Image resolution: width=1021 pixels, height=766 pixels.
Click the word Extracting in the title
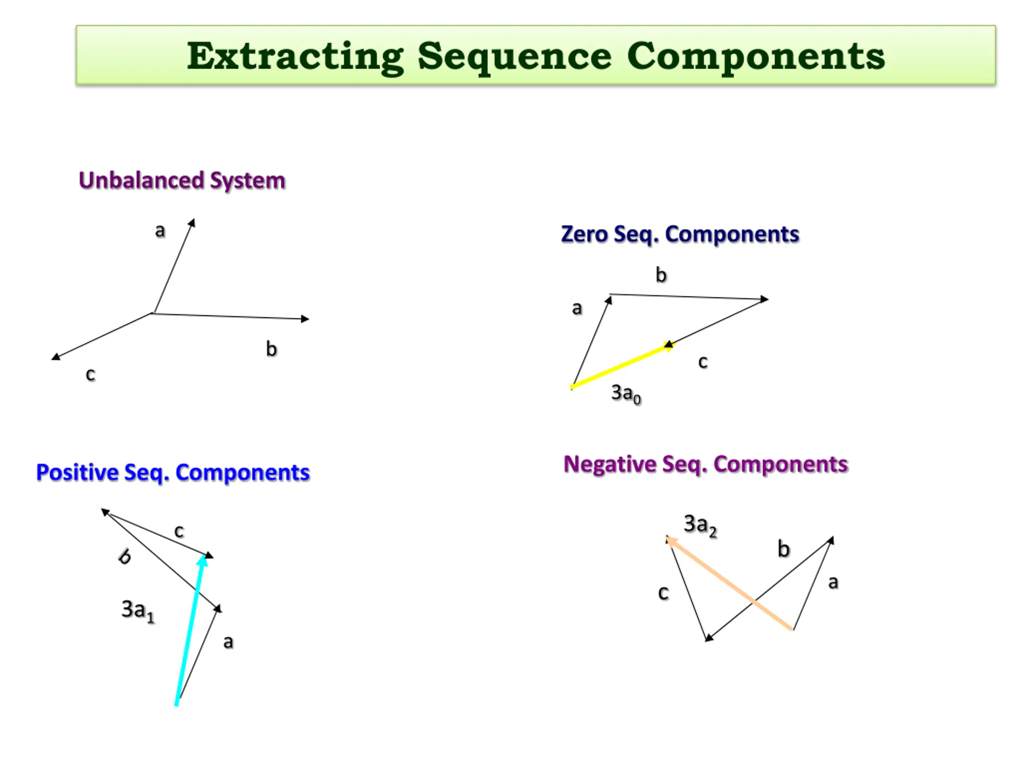(296, 56)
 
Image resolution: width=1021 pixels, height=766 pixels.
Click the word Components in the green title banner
(756, 56)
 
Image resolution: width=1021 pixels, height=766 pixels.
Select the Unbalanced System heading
(182, 180)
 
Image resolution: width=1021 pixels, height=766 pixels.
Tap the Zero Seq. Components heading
(680, 234)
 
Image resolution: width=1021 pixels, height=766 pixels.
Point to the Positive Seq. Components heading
(173, 472)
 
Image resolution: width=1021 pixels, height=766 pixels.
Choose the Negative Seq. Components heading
(706, 464)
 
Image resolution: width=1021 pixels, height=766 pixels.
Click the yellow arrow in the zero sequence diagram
(621, 366)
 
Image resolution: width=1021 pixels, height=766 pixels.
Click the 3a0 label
(626, 393)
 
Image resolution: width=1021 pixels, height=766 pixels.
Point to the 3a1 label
(138, 610)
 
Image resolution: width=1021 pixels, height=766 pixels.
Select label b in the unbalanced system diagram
(272, 349)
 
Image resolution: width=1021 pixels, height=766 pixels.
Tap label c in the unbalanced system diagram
(91, 374)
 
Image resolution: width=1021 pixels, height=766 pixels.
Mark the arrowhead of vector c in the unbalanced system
(55, 356)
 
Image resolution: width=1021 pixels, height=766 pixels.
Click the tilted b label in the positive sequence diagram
(124, 557)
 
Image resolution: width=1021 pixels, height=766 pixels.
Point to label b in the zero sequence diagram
(661, 275)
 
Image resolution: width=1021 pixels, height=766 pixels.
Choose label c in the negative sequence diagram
(663, 593)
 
